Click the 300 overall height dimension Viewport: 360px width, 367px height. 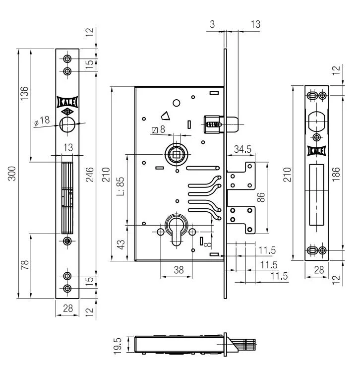pyautogui.click(x=12, y=174)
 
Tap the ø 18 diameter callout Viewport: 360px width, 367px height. pyautogui.click(x=42, y=121)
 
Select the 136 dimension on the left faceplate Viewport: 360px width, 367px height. pyautogui.click(x=24, y=93)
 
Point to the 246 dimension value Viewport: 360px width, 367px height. pyautogui.click(x=90, y=175)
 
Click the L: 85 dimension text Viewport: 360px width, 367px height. pyautogui.click(x=121, y=186)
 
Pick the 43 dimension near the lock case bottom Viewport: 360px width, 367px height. pyautogui.click(x=121, y=245)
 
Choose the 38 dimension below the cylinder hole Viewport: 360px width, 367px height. pyautogui.click(x=179, y=270)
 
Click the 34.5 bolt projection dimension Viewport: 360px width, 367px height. pyautogui.click(x=242, y=149)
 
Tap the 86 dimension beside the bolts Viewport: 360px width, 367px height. pyautogui.click(x=261, y=197)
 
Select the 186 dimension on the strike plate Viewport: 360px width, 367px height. pyautogui.click(x=336, y=174)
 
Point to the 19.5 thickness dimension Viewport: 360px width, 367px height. pyautogui.click(x=118, y=346)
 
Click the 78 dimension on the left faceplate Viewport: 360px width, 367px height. pyautogui.click(x=25, y=265)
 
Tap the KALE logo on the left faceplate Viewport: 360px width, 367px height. pyautogui.click(x=67, y=102)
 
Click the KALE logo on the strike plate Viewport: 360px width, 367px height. pyautogui.click(x=317, y=151)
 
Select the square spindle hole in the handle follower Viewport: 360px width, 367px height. pyautogui.click(x=176, y=154)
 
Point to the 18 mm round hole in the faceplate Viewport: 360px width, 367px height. pyautogui.click(x=67, y=124)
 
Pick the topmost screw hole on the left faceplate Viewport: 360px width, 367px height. pyautogui.click(x=67, y=59)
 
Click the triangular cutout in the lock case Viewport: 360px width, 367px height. pyautogui.click(x=166, y=116)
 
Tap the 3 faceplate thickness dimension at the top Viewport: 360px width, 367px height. pyautogui.click(x=212, y=24)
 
